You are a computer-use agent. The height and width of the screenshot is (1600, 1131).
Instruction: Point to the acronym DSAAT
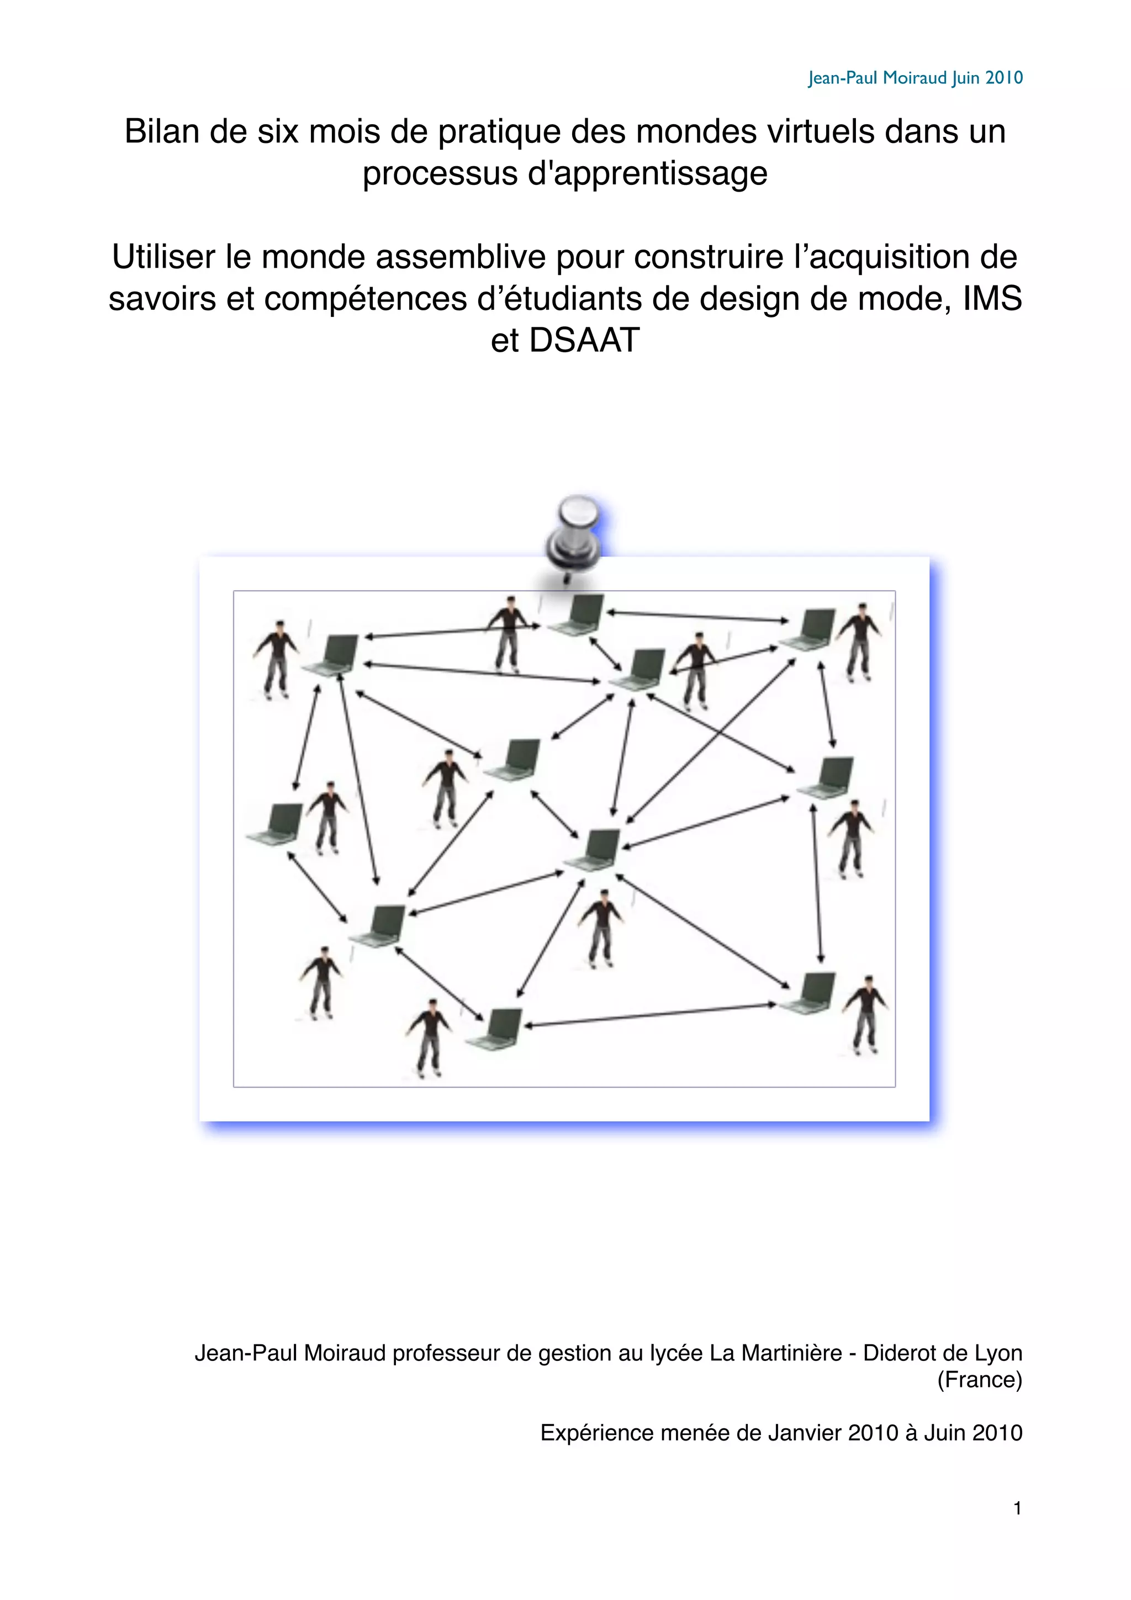coord(584,340)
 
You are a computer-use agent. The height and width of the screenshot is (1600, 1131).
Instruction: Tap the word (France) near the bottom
coord(979,1379)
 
